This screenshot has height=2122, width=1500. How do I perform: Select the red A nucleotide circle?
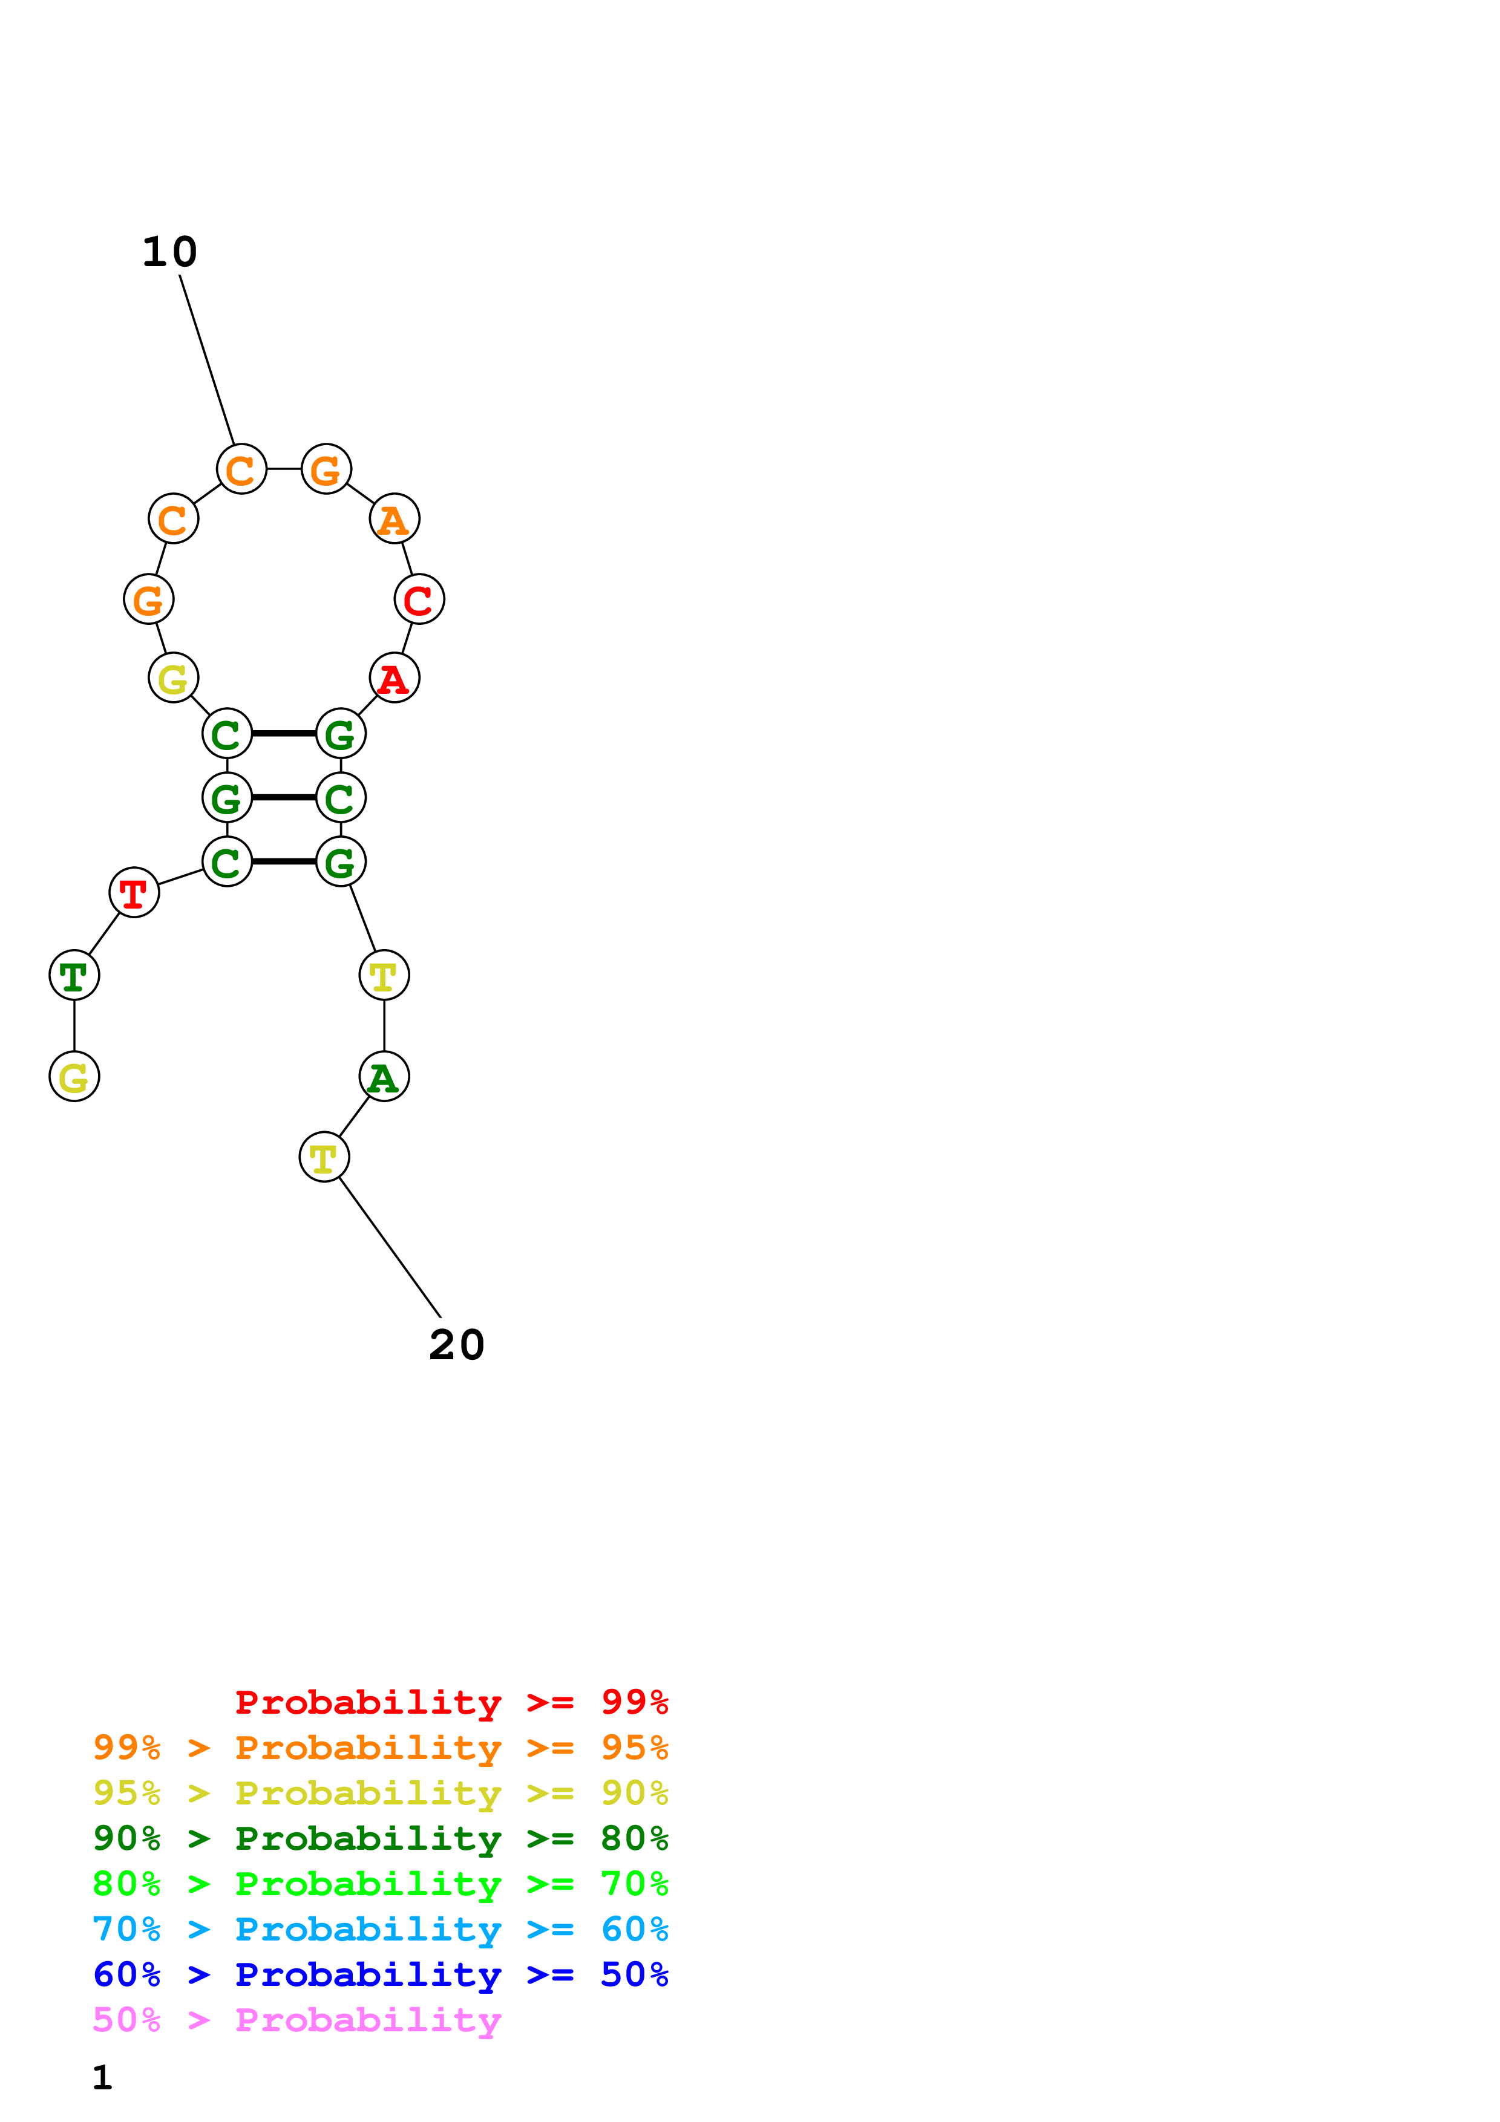click(395, 677)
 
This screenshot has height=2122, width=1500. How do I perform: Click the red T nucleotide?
click(134, 893)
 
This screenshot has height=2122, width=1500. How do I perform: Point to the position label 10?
click(170, 252)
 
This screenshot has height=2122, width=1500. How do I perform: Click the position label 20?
click(457, 1345)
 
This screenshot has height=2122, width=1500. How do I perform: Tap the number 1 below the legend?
click(103, 2077)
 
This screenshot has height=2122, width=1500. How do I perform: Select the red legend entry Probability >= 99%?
click(451, 1702)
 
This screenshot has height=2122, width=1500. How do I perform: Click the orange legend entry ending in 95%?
click(381, 1747)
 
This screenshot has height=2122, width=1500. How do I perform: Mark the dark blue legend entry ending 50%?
click(381, 1974)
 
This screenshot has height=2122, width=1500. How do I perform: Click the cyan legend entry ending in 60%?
click(381, 1929)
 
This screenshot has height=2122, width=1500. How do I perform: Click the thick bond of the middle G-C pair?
click(284, 797)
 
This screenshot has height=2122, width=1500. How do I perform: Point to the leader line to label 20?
click(390, 1248)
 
